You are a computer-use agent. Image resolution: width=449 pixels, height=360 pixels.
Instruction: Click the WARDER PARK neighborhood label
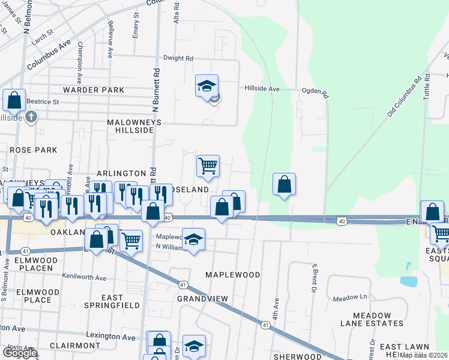coord(94,90)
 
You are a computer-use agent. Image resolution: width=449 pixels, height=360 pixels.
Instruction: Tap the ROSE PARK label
coord(33,150)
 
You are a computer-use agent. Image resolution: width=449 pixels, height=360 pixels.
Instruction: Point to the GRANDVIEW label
coord(203,298)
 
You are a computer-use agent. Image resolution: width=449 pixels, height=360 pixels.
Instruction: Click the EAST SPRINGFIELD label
coord(112,301)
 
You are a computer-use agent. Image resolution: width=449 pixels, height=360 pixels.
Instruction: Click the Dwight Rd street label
coord(179,59)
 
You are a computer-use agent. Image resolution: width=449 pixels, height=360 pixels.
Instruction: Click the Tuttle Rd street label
coord(427,88)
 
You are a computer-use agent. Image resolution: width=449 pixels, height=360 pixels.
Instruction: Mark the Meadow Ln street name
coord(350,298)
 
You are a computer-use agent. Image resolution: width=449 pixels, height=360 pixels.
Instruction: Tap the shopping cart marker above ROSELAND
coord(208,165)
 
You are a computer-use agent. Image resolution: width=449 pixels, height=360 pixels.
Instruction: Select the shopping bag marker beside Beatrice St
coord(14,100)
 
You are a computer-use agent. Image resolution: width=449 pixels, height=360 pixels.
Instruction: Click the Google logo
coord(19,353)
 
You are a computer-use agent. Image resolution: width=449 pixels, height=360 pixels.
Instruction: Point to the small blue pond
coord(409,280)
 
